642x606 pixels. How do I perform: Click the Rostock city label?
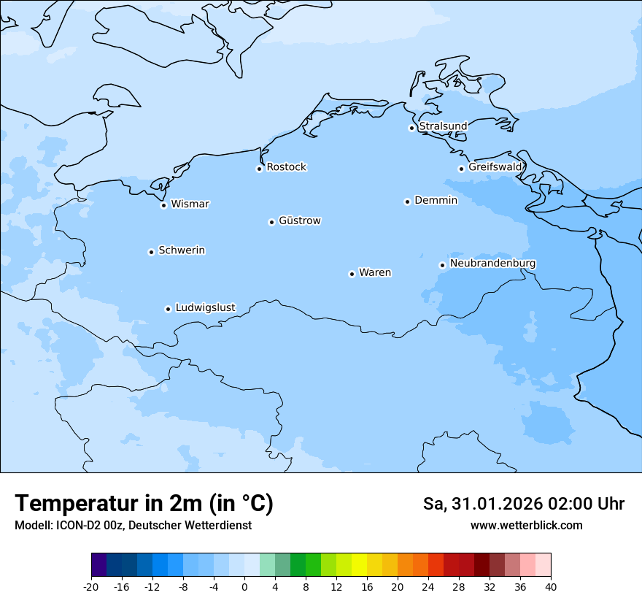(286, 167)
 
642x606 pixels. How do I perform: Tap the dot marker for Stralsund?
(411, 128)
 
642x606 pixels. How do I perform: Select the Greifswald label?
(495, 167)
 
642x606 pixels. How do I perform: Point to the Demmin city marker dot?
(407, 202)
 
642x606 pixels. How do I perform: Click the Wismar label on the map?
(190, 204)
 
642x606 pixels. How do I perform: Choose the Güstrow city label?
(299, 220)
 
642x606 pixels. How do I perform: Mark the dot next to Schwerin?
(151, 252)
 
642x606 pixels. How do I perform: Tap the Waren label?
(375, 272)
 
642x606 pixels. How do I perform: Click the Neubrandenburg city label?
(492, 263)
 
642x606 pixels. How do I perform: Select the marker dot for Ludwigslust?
(168, 309)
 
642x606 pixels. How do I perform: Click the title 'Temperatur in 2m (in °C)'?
(144, 504)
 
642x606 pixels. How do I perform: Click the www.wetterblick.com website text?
(526, 526)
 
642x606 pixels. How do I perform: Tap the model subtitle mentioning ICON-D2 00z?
(133, 526)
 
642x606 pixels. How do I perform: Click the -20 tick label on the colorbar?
(91, 587)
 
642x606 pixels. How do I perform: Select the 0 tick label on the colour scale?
(244, 587)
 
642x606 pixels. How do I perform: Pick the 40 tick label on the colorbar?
(551, 587)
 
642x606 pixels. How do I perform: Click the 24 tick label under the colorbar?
(428, 587)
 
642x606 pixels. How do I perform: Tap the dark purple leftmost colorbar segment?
(98, 565)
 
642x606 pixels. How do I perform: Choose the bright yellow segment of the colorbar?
(359, 565)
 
